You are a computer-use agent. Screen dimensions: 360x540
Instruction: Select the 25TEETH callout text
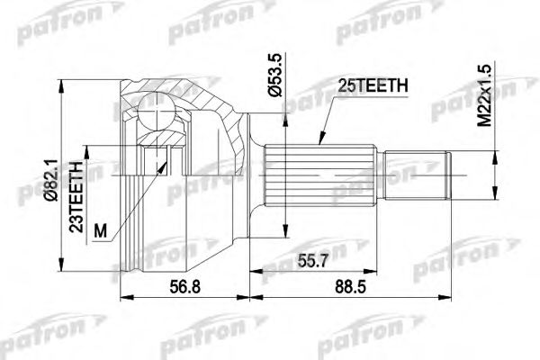[373, 86]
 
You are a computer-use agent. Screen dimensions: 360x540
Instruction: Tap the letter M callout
[101, 230]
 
